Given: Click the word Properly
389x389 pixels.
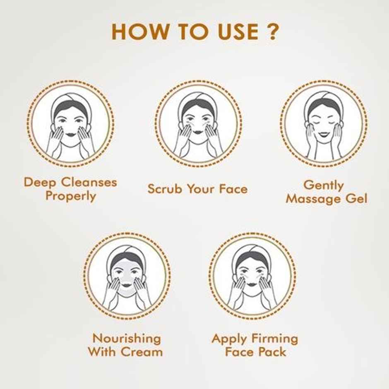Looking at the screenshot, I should tap(70, 196).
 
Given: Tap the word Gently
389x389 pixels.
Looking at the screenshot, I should tap(324, 185).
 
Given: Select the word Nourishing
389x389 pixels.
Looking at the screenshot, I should tap(127, 339).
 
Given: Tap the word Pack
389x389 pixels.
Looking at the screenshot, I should tap(273, 352).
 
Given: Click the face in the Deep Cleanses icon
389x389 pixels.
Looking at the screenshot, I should tap(70, 124).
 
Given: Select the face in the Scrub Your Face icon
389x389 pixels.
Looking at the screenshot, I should tap(199, 124).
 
